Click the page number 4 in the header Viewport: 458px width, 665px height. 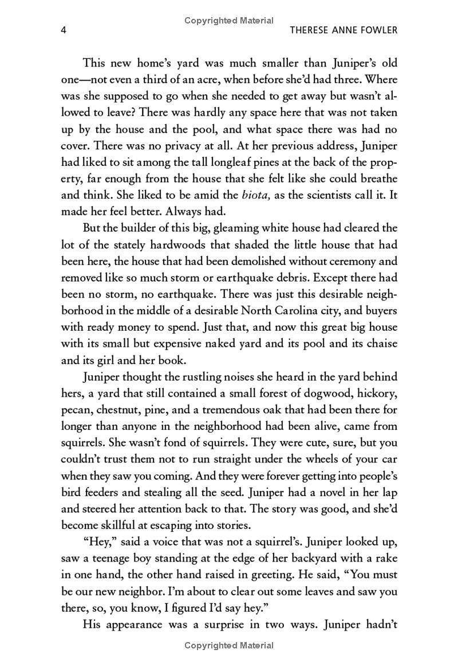pyautogui.click(x=64, y=30)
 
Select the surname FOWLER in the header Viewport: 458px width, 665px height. pyautogui.click(x=376, y=30)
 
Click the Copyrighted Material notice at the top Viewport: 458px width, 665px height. pyautogui.click(x=229, y=21)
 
